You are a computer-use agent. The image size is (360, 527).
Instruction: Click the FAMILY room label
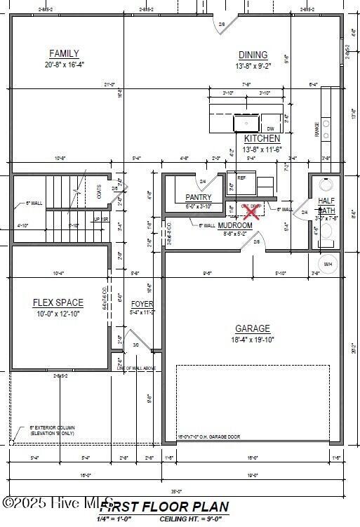pyautogui.click(x=64, y=53)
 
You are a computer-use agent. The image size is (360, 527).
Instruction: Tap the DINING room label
pyautogui.click(x=253, y=55)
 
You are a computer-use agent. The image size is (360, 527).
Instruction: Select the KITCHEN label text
pyautogui.click(x=262, y=139)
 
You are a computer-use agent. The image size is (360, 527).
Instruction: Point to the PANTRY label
pyautogui.click(x=199, y=198)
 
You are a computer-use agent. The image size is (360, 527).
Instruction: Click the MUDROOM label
pyautogui.click(x=234, y=225)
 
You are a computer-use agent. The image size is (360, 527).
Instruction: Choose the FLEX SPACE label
pyautogui.click(x=58, y=302)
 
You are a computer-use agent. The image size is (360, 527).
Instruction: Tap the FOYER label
pyautogui.click(x=142, y=304)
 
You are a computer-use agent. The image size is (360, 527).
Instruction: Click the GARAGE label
pyautogui.click(x=253, y=328)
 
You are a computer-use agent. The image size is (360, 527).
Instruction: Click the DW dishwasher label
pyautogui.click(x=271, y=129)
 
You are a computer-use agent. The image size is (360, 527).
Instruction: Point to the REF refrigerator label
pyautogui.click(x=241, y=178)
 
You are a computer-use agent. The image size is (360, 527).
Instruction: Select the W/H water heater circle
pyautogui.click(x=328, y=264)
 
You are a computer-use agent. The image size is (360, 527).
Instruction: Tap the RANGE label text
pyautogui.click(x=317, y=130)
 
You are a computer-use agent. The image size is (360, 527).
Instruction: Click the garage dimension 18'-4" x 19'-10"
pyautogui.click(x=253, y=340)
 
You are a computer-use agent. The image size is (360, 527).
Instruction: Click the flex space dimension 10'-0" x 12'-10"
pyautogui.click(x=58, y=314)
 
